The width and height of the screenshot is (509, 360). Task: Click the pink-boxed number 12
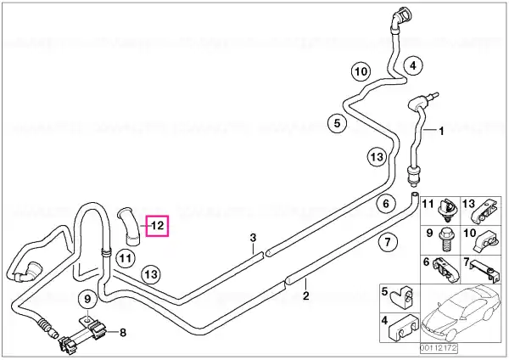click(x=158, y=226)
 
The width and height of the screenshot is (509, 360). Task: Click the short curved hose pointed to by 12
click(x=130, y=227)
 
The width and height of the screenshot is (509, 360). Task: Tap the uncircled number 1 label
click(x=441, y=132)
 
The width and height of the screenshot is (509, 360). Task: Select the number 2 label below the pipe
click(x=305, y=295)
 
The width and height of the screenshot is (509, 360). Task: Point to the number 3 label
click(x=253, y=238)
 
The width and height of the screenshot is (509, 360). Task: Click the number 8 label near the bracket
click(x=123, y=332)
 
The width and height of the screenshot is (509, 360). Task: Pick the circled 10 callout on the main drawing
click(x=361, y=71)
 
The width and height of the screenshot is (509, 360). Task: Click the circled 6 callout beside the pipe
click(x=386, y=204)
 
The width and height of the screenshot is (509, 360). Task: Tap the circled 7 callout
click(x=388, y=242)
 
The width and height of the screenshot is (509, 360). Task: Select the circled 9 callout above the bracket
click(x=87, y=299)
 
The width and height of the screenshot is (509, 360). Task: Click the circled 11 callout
click(x=126, y=259)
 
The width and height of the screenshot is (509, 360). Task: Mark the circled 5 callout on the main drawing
click(x=338, y=123)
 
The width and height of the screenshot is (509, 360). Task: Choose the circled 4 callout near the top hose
click(x=413, y=66)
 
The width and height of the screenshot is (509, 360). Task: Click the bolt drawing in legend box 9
click(x=445, y=240)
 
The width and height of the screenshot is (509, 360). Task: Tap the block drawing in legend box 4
click(x=403, y=327)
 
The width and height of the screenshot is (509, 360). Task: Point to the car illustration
click(x=461, y=312)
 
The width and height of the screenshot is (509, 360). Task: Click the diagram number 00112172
click(x=439, y=348)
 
